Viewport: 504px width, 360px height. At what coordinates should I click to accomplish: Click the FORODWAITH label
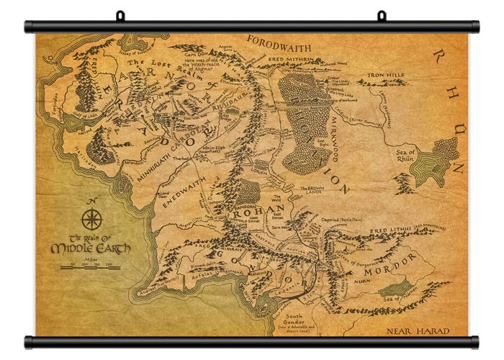coord(280,41)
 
